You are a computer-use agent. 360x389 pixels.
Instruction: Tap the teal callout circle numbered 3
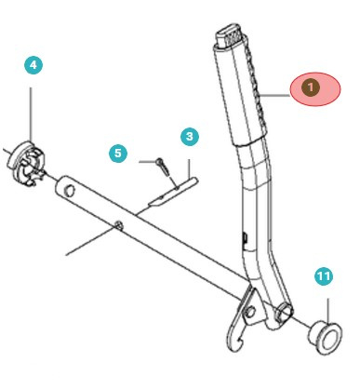point(190,137)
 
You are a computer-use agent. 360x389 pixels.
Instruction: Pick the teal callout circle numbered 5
point(117,152)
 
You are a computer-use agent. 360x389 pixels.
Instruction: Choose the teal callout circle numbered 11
point(323,276)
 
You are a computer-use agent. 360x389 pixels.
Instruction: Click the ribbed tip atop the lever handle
point(229,38)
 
